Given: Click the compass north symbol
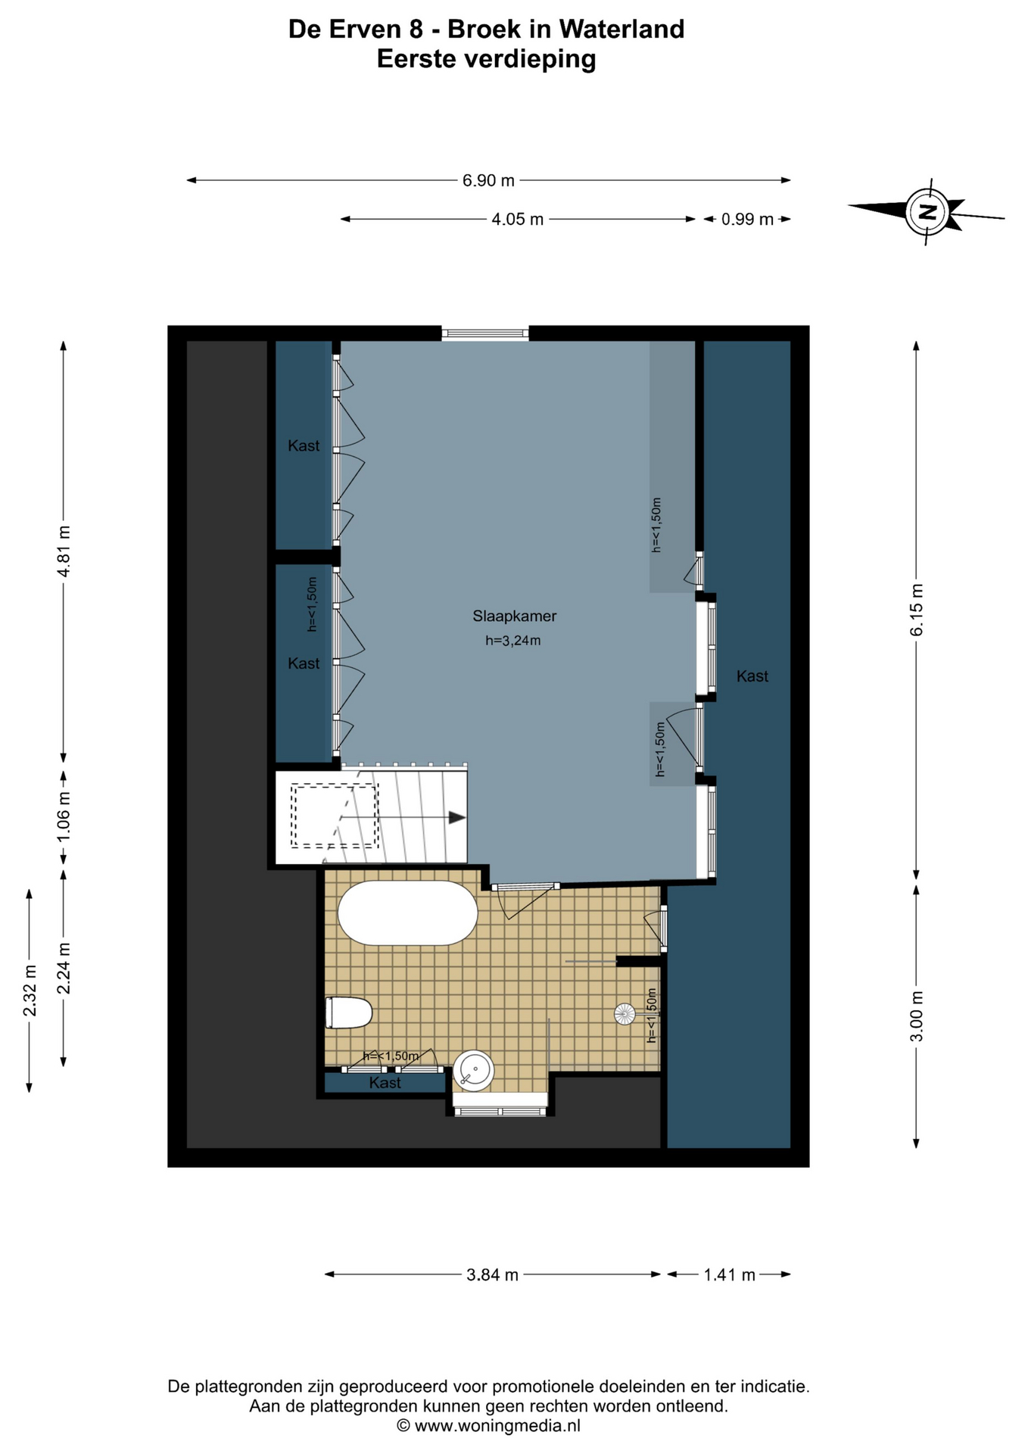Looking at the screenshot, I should pos(927,211).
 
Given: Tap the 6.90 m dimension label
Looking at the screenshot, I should pos(488,180).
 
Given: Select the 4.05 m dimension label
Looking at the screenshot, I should pos(517,220).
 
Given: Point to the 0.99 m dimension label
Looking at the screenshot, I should pos(746,220).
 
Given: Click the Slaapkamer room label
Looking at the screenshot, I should pos(514,616).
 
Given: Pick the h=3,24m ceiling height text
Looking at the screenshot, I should pos(512,641).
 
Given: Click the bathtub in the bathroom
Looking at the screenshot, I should pos(407,913).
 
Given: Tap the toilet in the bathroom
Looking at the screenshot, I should pos(349,1012).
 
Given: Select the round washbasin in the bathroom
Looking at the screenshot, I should pos(474,1071).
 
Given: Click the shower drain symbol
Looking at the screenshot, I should pos(625,1014).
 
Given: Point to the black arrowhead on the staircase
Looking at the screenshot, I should pos(456,818).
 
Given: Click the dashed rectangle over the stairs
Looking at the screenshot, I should pos(335,816).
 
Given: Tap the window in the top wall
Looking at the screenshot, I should pos(485,333).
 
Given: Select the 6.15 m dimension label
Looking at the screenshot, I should pos(917,610).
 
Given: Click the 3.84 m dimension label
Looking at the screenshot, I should pos(492,1275).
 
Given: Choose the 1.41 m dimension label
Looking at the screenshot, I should pos(729,1275).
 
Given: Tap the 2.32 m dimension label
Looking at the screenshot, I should pos(30,991).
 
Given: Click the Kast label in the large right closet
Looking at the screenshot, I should pos(752,676).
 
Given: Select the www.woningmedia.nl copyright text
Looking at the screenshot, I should pos(488,1426).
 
